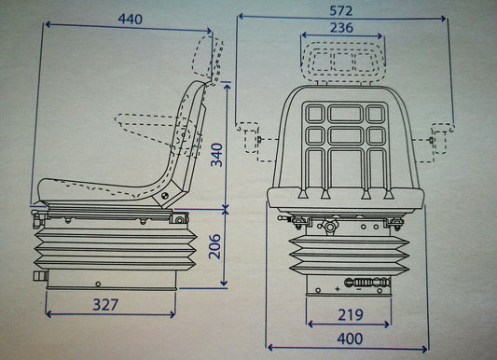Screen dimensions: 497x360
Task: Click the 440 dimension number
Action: (x=130, y=20)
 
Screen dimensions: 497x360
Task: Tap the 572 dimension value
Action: (x=341, y=11)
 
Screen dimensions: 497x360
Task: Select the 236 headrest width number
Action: (x=341, y=28)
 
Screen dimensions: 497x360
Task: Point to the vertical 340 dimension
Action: (x=217, y=155)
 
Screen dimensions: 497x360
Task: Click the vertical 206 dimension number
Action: (x=214, y=246)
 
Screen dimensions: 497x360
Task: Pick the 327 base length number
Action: (x=105, y=305)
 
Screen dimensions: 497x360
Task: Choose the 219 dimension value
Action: (x=351, y=314)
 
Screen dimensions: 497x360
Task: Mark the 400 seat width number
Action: (x=350, y=339)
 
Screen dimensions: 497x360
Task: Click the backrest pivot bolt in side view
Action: (x=165, y=196)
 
